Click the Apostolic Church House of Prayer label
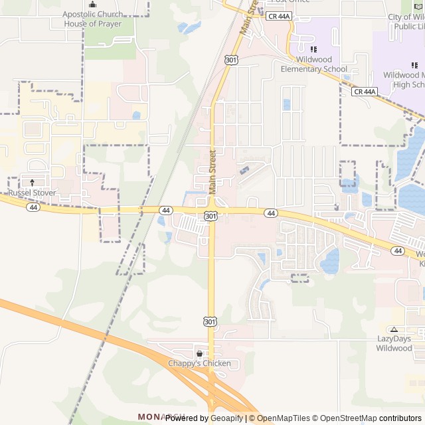(x=92, y=19)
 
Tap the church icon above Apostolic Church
(x=92, y=4)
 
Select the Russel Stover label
(x=32, y=193)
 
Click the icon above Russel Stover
(x=32, y=182)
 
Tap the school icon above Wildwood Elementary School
(x=313, y=49)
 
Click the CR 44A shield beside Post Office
(x=279, y=16)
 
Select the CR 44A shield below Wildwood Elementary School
(x=365, y=92)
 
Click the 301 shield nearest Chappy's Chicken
(x=210, y=322)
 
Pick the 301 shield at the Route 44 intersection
(x=210, y=216)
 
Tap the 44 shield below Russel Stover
(x=33, y=207)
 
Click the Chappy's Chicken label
(x=199, y=363)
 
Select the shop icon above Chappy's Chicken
(x=199, y=353)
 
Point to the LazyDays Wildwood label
(x=394, y=343)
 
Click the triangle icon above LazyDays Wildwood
(x=394, y=329)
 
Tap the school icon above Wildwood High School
(x=414, y=65)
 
